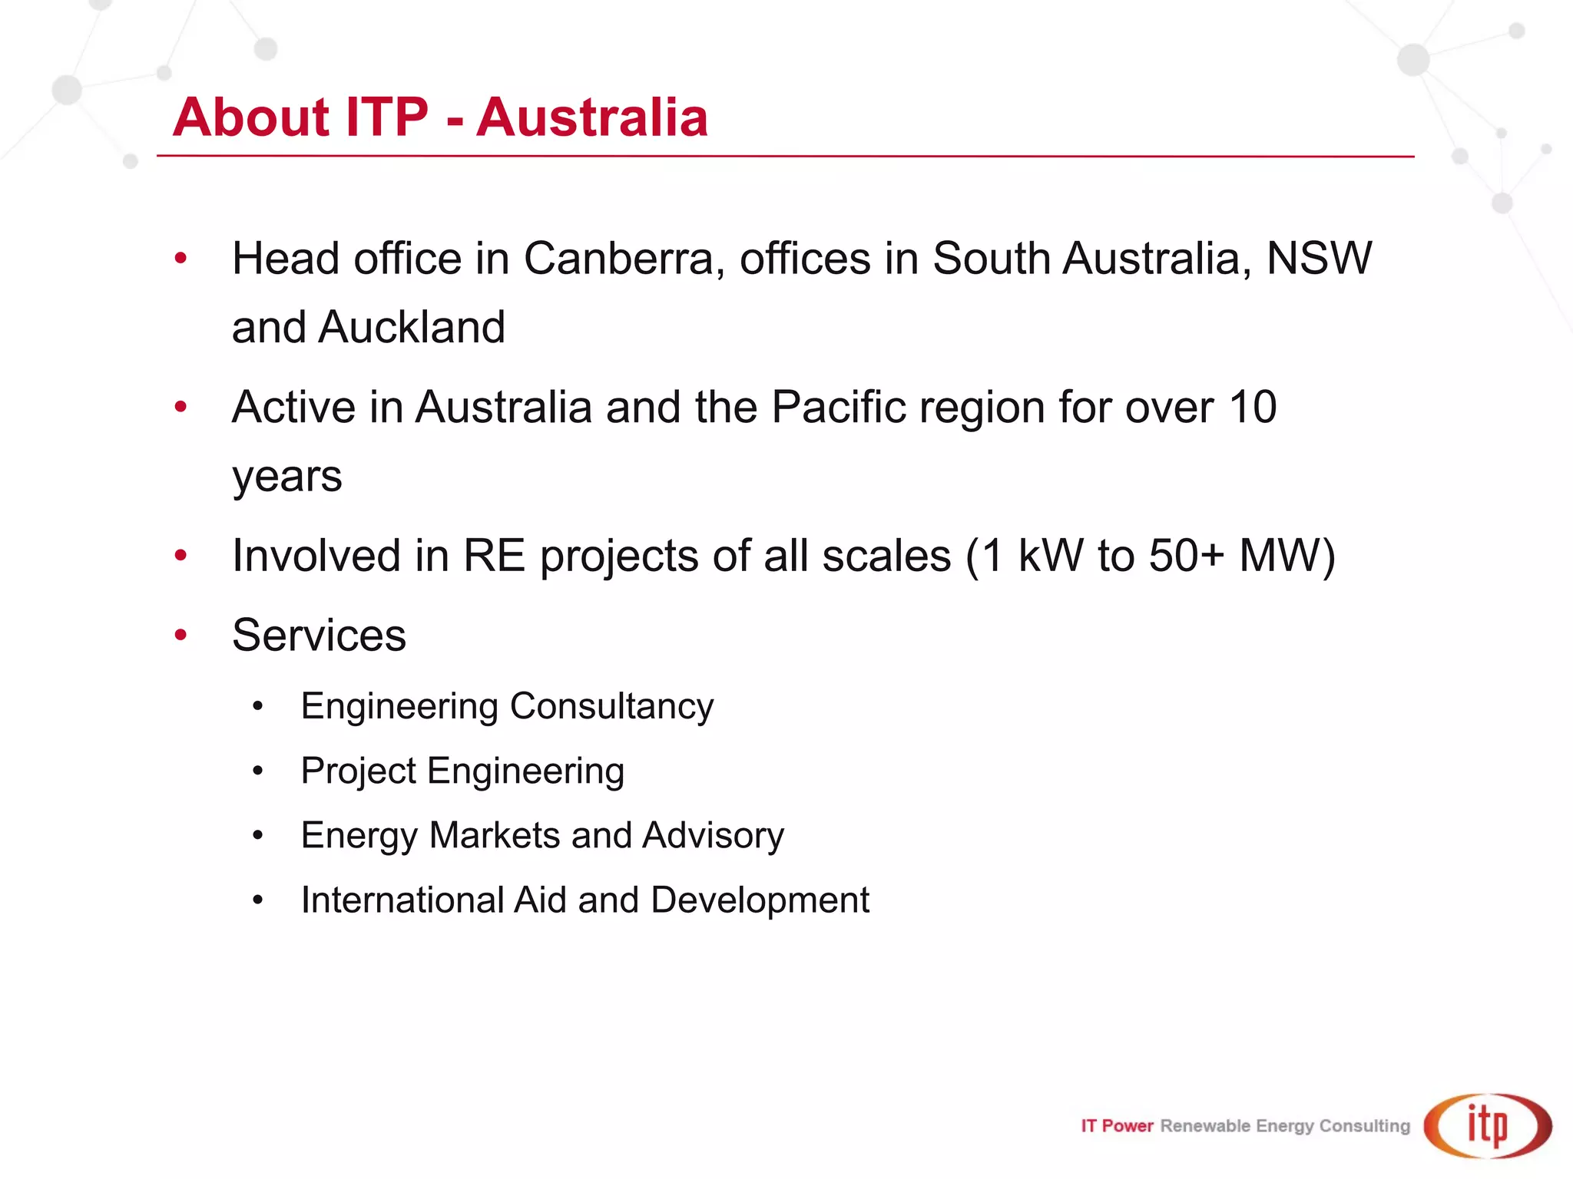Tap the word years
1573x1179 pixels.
pos(286,477)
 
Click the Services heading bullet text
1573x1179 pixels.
pos(319,636)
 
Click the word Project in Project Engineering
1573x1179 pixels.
pos(358,771)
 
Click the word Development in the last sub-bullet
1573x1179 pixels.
pos(760,900)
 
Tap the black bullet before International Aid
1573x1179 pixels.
pos(258,900)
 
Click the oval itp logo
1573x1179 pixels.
pos(1488,1125)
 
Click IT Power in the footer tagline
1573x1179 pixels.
pos(1117,1126)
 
